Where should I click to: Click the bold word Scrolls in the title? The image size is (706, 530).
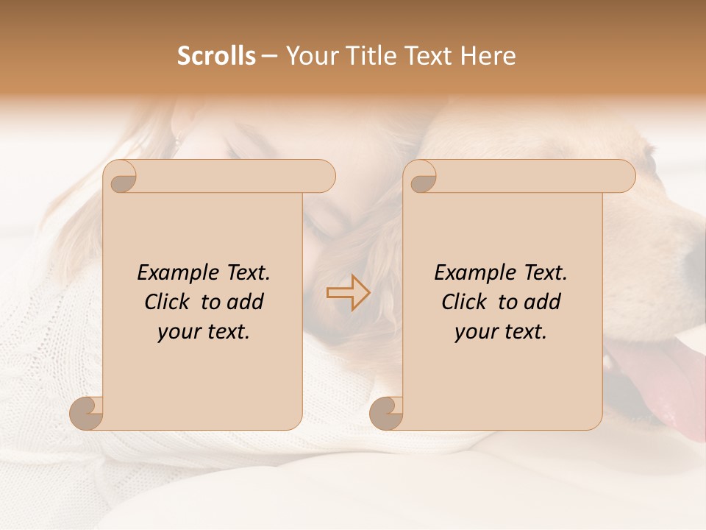coord(216,56)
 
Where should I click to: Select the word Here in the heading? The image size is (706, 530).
coord(489,56)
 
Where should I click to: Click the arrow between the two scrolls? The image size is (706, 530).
coord(348,293)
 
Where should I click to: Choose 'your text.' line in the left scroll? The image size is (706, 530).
coord(204,332)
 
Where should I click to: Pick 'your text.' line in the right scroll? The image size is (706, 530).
coord(501,332)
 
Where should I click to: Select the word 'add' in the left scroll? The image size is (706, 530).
coord(246,302)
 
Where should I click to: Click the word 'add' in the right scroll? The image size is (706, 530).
coord(543,302)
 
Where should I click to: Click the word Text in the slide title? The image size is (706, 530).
coord(427,56)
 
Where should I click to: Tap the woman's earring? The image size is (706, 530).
coord(176,140)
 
